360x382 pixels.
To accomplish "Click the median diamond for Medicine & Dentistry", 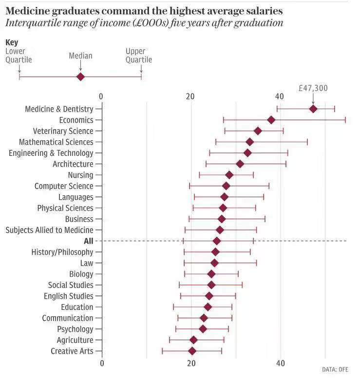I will tap(313, 109).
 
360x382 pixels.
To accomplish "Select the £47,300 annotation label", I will tap(313, 88).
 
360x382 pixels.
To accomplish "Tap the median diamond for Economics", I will tap(271, 120).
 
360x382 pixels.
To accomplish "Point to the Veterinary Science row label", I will tap(63, 131).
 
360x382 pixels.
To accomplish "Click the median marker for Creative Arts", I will tap(192, 351).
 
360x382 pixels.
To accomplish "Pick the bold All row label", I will tap(88, 241).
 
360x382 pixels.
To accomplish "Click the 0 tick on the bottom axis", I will tap(102, 363).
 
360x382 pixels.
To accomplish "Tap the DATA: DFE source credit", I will tap(335, 370).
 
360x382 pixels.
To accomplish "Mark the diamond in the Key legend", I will tap(80, 76).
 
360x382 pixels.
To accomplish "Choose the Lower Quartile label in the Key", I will tap(19, 56).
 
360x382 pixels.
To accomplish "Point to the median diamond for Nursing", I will tap(229, 175).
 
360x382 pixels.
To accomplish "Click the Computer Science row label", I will tap(64, 186).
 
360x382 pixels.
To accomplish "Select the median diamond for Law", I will tap(214, 263).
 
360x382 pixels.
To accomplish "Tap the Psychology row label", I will tap(75, 329).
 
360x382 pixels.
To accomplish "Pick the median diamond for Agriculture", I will tap(193, 340).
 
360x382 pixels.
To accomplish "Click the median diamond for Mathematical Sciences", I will tap(250, 142).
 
